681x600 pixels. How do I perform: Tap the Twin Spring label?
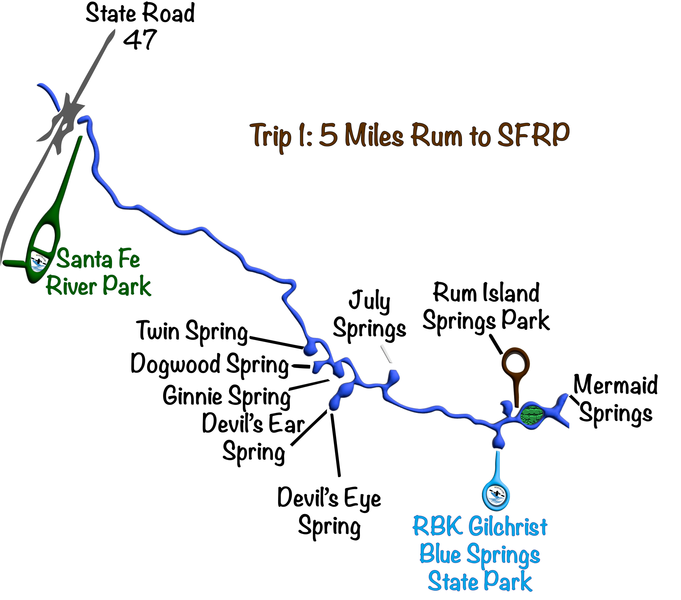click(x=193, y=331)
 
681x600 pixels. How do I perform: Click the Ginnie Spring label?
click(x=227, y=396)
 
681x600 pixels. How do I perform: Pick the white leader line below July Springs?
click(x=387, y=354)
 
